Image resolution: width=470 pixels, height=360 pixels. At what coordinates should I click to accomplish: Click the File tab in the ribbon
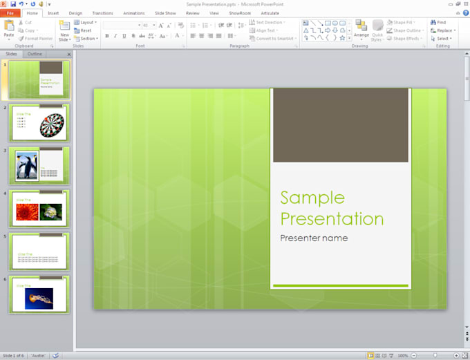(x=11, y=13)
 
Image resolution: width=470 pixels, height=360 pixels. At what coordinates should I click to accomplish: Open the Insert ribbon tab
(x=53, y=13)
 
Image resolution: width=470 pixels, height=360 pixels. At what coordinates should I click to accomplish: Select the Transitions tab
(x=102, y=13)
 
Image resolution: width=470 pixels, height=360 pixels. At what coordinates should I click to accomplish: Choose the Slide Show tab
(x=165, y=13)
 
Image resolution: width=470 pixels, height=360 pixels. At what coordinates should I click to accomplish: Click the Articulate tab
(x=270, y=13)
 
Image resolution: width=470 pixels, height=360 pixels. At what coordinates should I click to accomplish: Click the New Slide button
(x=64, y=30)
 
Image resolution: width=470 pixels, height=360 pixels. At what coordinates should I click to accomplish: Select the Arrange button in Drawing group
(x=361, y=30)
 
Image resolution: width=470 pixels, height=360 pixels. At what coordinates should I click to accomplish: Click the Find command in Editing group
(x=440, y=23)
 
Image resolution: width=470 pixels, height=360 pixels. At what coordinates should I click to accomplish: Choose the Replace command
(x=443, y=30)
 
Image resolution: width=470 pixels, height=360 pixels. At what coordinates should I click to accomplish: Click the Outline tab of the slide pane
(x=35, y=54)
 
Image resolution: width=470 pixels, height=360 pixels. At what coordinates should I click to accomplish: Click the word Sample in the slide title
(x=312, y=198)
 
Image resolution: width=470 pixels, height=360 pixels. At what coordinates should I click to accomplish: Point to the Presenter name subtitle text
(x=314, y=238)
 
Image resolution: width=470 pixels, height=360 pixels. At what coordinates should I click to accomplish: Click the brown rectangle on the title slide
(x=340, y=125)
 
